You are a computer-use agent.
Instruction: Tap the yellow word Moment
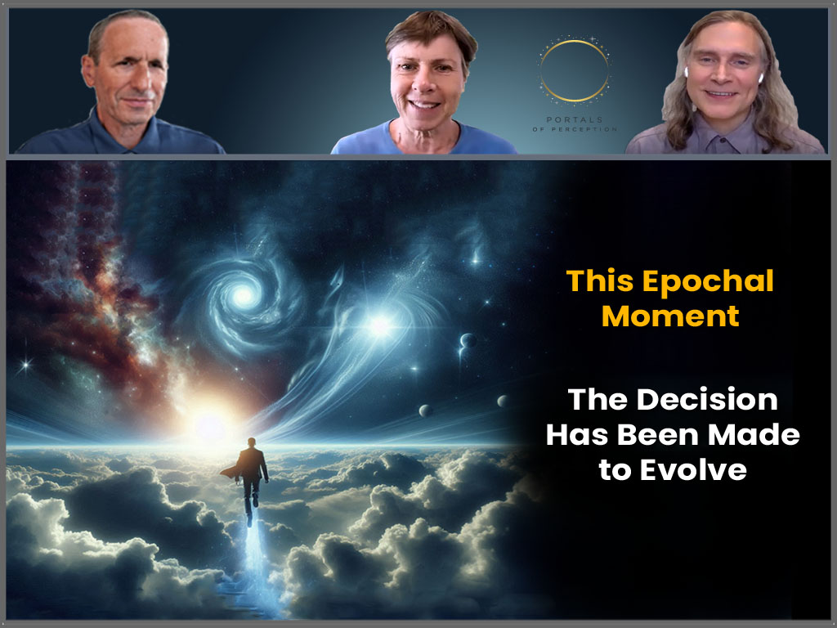pyautogui.click(x=670, y=316)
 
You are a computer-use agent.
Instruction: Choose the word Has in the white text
pyautogui.click(x=577, y=435)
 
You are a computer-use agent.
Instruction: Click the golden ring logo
pyautogui.click(x=575, y=72)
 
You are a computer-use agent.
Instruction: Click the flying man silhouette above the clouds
pyautogui.click(x=252, y=474)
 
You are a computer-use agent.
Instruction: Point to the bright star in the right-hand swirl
pyautogui.click(x=379, y=327)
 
